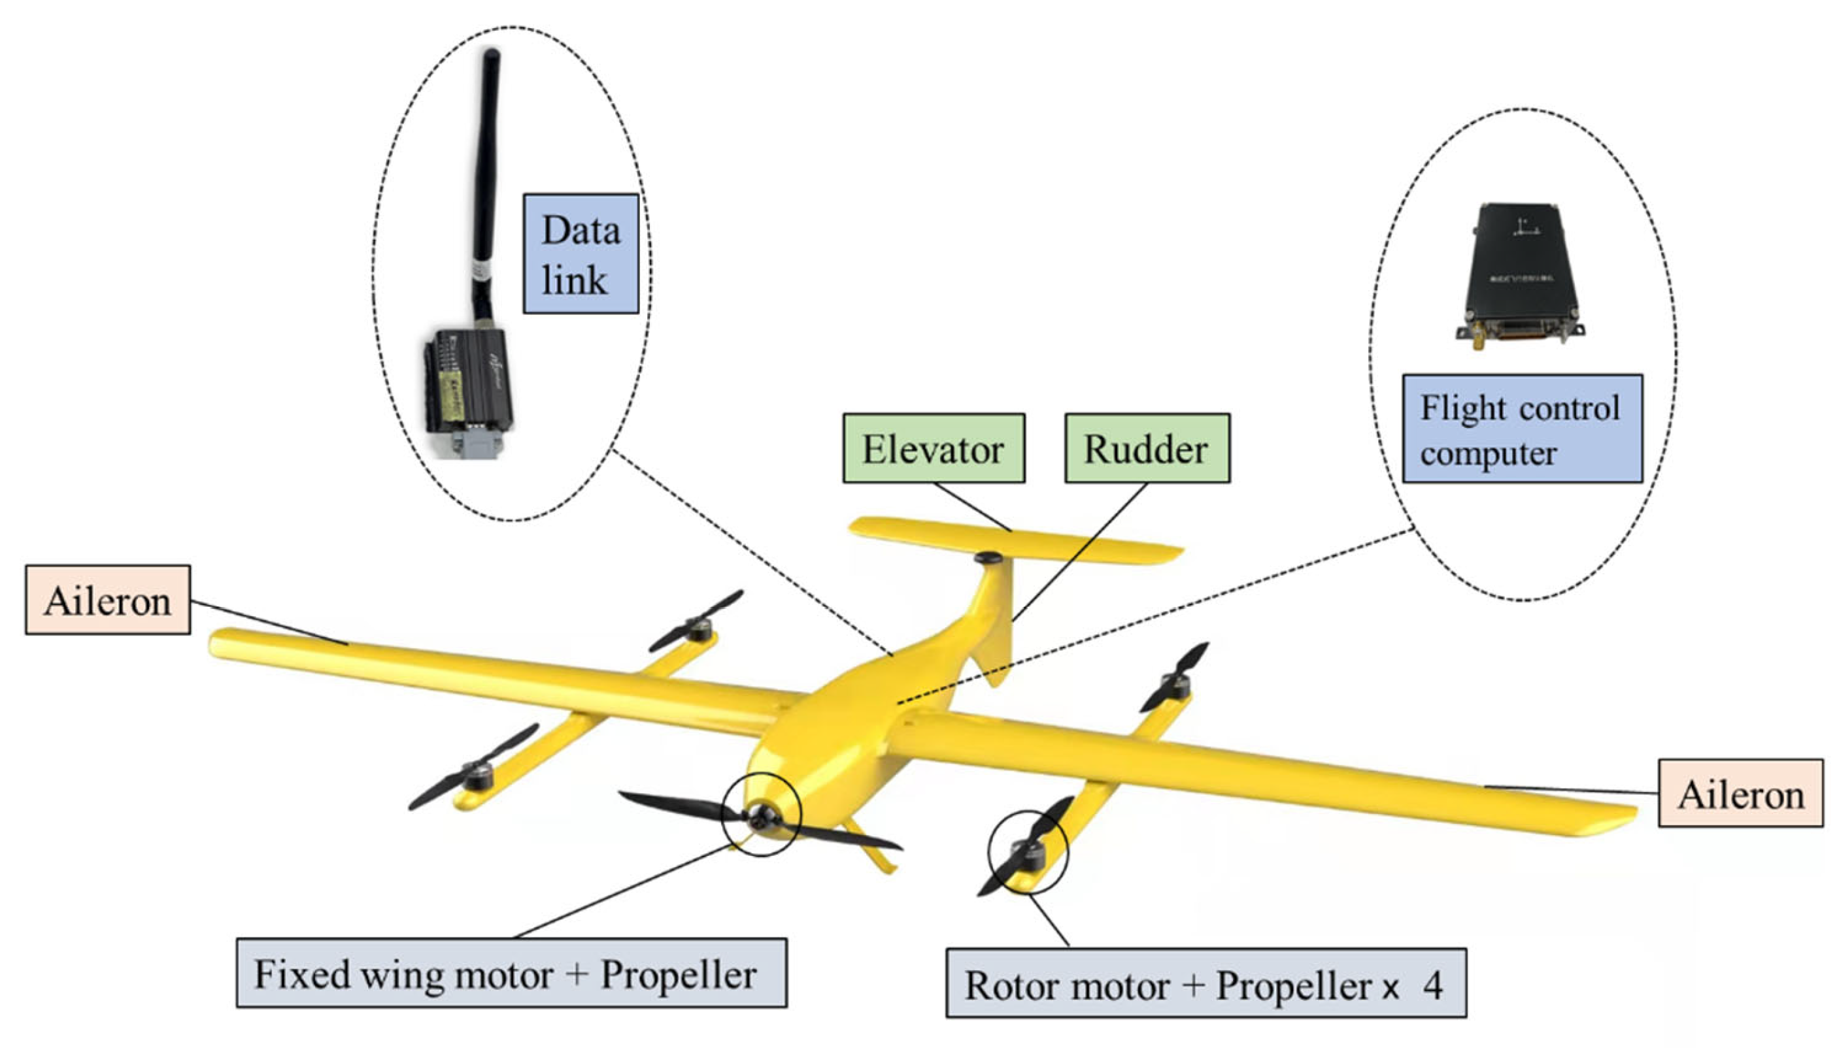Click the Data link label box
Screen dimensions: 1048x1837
click(580, 254)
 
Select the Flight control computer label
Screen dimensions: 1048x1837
click(1522, 428)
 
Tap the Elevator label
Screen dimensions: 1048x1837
click(934, 448)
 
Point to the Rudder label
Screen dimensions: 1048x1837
click(1147, 448)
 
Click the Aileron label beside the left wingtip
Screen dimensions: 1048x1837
click(107, 600)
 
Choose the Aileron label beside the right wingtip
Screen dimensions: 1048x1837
click(1740, 793)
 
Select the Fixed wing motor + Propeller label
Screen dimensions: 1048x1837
click(511, 973)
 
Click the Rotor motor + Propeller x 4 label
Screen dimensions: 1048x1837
click(1205, 983)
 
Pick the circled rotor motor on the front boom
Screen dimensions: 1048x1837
click(1028, 855)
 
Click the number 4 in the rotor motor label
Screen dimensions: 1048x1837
click(1432, 984)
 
